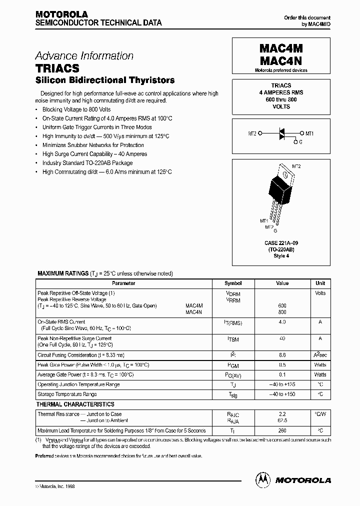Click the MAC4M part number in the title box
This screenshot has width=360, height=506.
(x=281, y=48)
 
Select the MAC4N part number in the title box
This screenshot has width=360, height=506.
(x=281, y=60)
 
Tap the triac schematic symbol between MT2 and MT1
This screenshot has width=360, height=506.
(x=281, y=133)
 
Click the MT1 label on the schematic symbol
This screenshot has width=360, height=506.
(x=309, y=133)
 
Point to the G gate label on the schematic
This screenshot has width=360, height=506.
(x=300, y=142)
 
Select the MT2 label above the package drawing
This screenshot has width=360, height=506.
(x=296, y=166)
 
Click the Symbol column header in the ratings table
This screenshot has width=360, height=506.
(x=233, y=283)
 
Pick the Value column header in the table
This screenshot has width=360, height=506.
(x=282, y=283)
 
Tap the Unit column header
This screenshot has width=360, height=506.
(x=320, y=283)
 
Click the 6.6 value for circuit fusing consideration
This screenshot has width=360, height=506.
(x=282, y=355)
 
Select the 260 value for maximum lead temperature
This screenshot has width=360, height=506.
(x=282, y=430)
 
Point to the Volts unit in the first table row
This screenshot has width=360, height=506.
(x=320, y=293)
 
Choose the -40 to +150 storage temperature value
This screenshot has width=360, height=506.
(x=282, y=394)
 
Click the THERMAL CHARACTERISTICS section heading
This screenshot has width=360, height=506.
(x=75, y=404)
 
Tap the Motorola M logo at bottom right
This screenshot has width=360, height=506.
(x=261, y=479)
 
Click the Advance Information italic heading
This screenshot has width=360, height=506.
(x=84, y=56)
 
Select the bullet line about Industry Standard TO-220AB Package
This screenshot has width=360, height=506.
(x=87, y=163)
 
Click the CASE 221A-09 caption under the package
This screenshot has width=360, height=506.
(x=281, y=243)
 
